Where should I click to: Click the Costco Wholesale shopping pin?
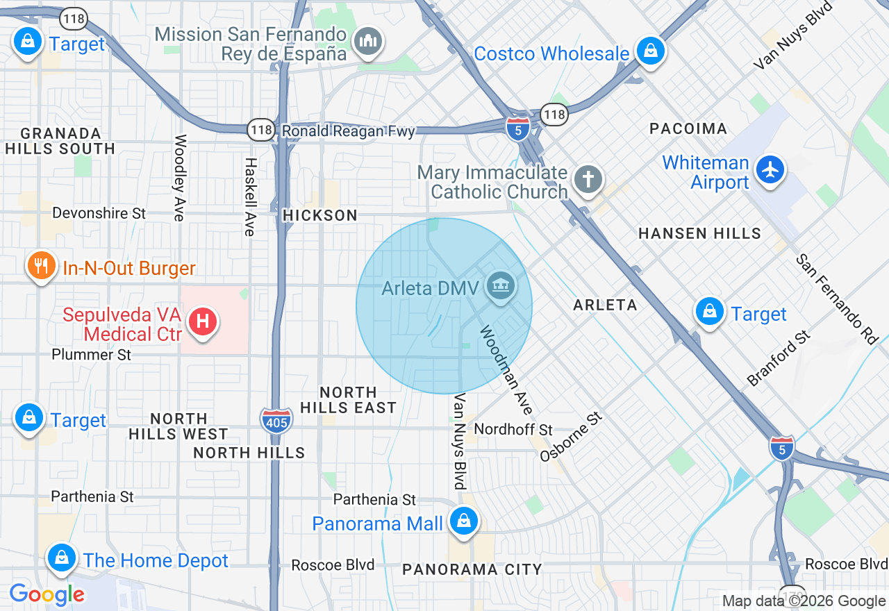tap(651, 51)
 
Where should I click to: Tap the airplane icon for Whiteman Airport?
tap(770, 169)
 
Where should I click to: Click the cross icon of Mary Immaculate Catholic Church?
tap(588, 180)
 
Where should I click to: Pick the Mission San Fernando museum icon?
tap(367, 42)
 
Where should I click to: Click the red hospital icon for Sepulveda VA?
tap(203, 321)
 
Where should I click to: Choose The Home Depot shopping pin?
tap(62, 558)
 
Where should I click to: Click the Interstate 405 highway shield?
tap(276, 421)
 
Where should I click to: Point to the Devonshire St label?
tap(99, 213)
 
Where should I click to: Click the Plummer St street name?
tap(92, 355)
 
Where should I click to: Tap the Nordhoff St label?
tap(513, 430)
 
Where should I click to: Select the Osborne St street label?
tap(571, 435)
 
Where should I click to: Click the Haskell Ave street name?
tap(250, 196)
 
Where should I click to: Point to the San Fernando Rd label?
tap(837, 300)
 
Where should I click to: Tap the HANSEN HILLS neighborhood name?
tap(699, 233)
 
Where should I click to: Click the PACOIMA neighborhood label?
tap(688, 128)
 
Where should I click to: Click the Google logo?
tap(47, 594)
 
